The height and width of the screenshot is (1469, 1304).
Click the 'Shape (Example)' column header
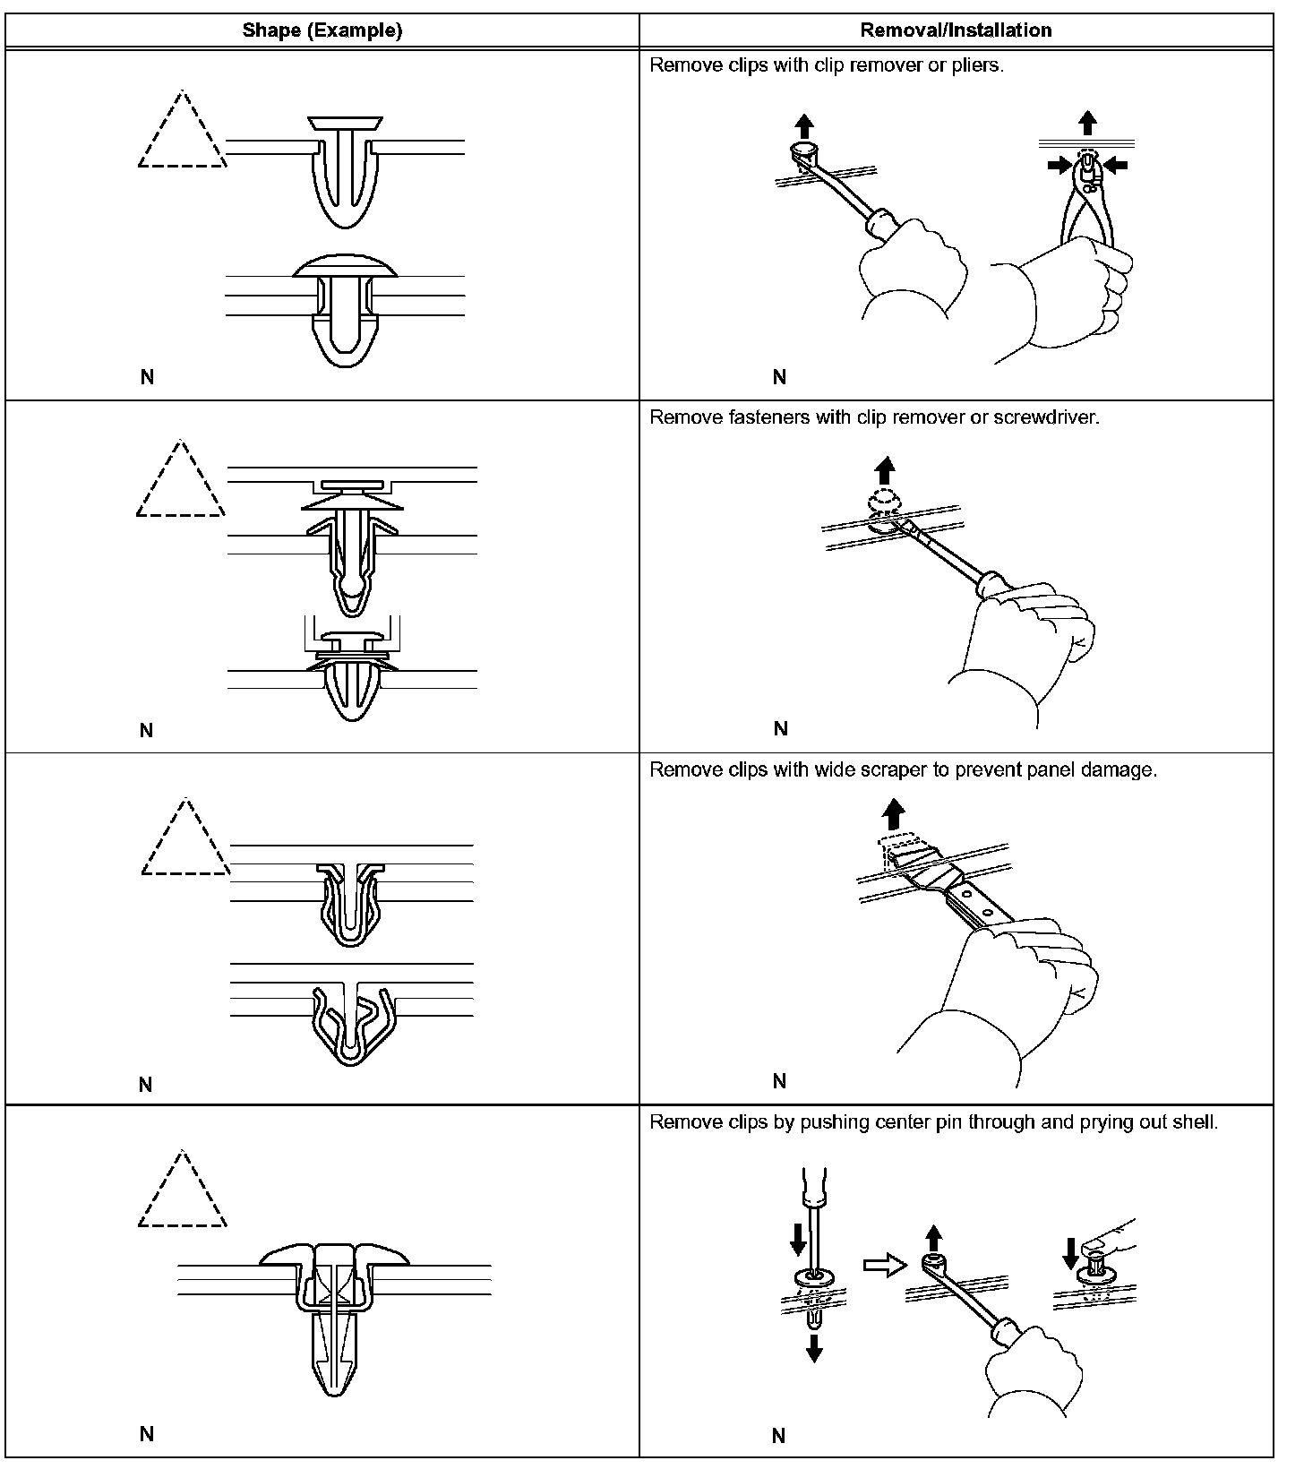322,30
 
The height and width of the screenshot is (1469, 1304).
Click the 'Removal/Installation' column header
956,30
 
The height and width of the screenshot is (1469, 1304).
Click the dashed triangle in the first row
183,134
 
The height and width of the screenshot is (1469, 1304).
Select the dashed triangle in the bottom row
183,1194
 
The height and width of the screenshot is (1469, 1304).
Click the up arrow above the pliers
1086,123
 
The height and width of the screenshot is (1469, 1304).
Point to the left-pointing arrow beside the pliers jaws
1115,164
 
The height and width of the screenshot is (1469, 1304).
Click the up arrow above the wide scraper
893,814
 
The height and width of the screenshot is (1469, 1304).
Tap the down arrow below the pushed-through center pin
813,1346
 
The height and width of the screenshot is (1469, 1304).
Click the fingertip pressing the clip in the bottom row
1094,1247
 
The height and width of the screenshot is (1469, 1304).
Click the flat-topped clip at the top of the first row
345,170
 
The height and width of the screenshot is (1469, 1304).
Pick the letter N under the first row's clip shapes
147,378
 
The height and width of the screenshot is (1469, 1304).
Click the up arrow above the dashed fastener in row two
885,470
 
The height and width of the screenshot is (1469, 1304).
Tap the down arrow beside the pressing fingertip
1069,1254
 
